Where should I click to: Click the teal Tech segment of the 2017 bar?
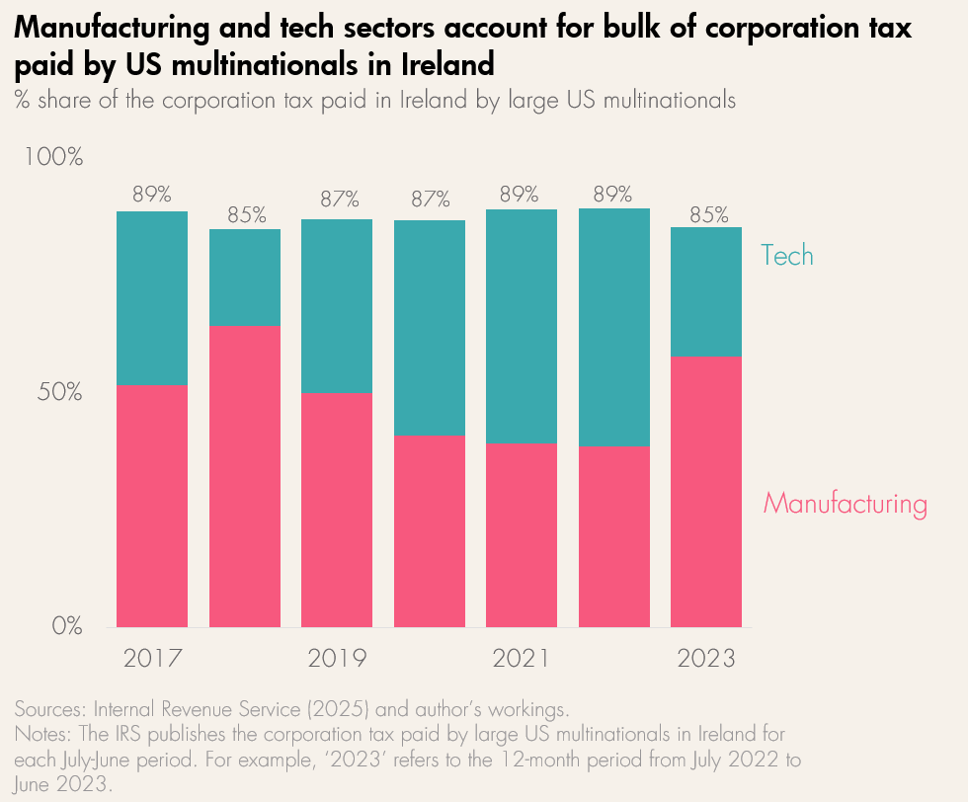[x=152, y=297]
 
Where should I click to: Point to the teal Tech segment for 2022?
[x=614, y=327]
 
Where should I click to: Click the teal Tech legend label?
[x=787, y=256]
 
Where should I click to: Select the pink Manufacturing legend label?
[x=846, y=505]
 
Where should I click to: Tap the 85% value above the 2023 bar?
[x=707, y=214]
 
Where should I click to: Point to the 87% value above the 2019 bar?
[x=337, y=200]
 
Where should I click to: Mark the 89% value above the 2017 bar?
[x=152, y=195]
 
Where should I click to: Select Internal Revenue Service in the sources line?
[x=199, y=710]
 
